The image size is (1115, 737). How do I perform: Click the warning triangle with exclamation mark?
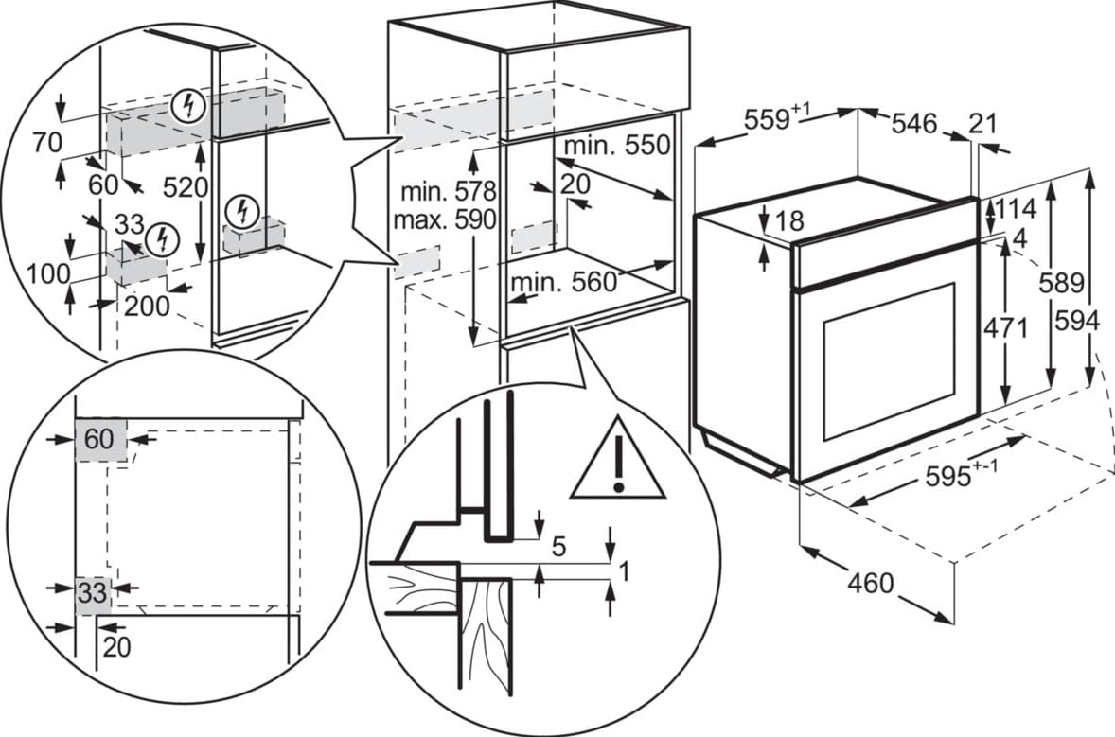(x=618, y=462)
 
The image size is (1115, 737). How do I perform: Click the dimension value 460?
(x=870, y=583)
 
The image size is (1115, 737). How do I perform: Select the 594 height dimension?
(x=1078, y=323)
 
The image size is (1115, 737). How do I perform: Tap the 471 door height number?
(x=1005, y=328)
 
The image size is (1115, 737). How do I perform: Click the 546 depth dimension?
(x=914, y=123)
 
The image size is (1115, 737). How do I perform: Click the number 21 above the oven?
(x=983, y=123)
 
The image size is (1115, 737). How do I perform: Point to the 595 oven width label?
(x=949, y=476)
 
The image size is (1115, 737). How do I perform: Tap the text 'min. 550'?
(x=616, y=146)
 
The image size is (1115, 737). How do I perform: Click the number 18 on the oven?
(x=788, y=221)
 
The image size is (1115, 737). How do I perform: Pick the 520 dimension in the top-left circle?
(x=184, y=187)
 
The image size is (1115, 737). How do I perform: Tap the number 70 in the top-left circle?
(x=46, y=144)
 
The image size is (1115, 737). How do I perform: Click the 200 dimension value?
(x=147, y=306)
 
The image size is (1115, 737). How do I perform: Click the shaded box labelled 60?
(x=100, y=440)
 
